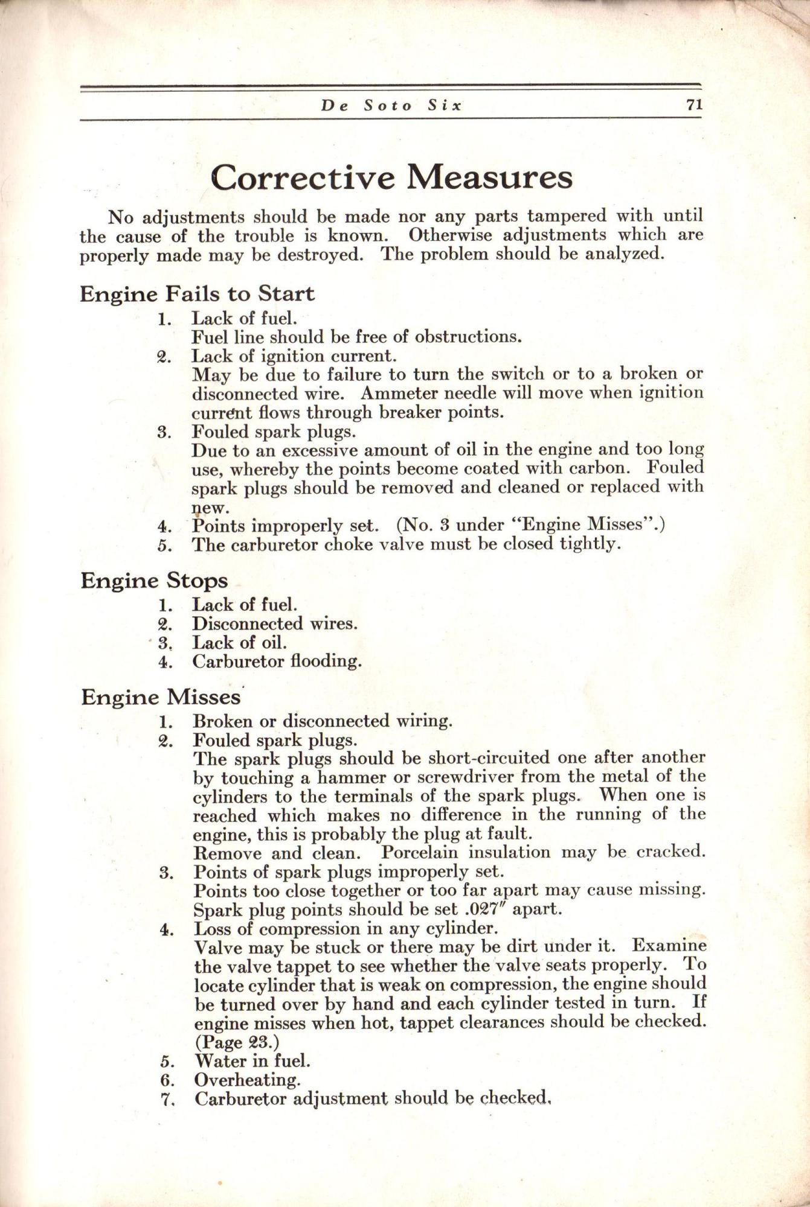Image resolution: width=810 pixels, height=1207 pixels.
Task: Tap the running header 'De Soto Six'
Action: (x=391, y=106)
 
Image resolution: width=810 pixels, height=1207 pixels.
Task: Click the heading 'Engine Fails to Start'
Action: (x=197, y=294)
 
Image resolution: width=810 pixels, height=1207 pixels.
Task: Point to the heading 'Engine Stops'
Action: (x=154, y=581)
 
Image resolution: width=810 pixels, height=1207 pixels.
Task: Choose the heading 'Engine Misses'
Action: (x=161, y=697)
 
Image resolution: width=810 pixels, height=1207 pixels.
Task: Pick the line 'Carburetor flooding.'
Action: (x=277, y=661)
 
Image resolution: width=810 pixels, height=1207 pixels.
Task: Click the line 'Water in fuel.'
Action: (x=252, y=1060)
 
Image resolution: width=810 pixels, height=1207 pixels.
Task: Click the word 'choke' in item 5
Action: (x=355, y=545)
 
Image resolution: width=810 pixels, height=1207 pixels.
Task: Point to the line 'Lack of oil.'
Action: (x=239, y=643)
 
